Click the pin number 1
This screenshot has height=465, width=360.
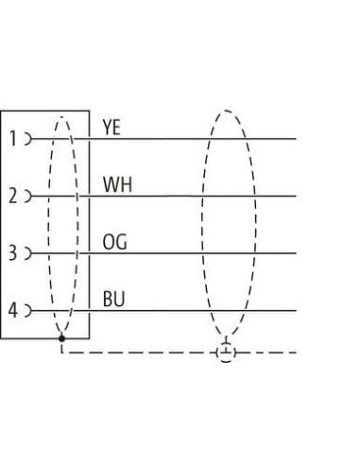[x=13, y=139]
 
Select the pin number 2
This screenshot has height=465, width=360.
[x=12, y=196]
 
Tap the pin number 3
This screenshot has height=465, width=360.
[x=12, y=253]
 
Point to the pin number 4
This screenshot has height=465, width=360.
[x=12, y=310]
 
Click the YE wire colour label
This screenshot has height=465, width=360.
[x=111, y=128]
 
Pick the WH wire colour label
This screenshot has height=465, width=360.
[x=117, y=184]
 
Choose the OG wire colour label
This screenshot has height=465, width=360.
[x=115, y=242]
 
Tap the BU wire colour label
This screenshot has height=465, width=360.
[x=113, y=299]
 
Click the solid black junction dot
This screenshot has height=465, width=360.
[x=61, y=338]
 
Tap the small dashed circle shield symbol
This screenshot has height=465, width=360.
[x=226, y=353]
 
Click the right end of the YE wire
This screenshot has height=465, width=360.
[x=296, y=139]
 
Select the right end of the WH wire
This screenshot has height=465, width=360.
[x=296, y=196]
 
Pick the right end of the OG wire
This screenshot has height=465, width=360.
[x=296, y=253]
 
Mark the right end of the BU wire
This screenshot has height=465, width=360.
[x=296, y=310]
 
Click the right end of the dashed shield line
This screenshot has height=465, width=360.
[x=296, y=353]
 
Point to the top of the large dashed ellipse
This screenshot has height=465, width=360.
[x=226, y=111]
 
